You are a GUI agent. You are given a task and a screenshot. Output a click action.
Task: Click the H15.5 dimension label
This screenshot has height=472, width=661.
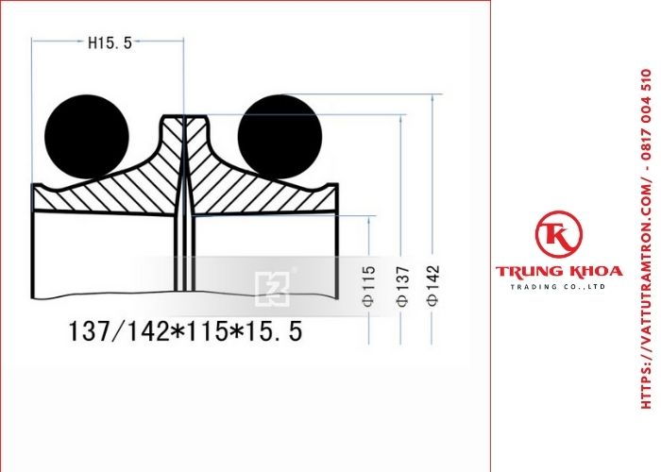[110, 42]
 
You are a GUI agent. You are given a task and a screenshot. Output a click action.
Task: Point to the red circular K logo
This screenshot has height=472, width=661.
[558, 236]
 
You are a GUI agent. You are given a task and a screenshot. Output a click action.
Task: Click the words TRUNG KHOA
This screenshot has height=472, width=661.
[559, 272]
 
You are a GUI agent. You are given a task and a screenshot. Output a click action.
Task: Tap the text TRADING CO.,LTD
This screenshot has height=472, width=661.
[559, 286]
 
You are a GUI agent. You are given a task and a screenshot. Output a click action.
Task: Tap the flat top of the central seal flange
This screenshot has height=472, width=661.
[184, 118]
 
